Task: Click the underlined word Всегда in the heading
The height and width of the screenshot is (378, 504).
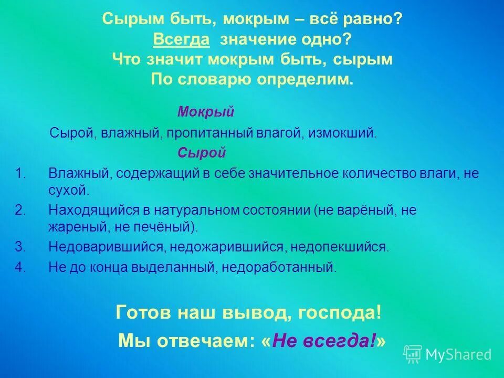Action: tap(181, 40)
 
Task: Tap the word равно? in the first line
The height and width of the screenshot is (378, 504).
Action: tap(374, 20)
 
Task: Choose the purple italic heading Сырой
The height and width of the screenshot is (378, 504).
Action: tap(202, 153)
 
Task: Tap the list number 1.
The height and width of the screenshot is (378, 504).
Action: tap(20, 174)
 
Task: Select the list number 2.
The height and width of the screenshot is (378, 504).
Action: tap(20, 211)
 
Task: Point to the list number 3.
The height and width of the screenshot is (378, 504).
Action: tap(20, 247)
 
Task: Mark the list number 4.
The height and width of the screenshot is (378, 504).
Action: tap(20, 267)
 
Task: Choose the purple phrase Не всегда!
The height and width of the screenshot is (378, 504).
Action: tap(325, 341)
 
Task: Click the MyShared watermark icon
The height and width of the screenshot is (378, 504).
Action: tap(413, 354)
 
